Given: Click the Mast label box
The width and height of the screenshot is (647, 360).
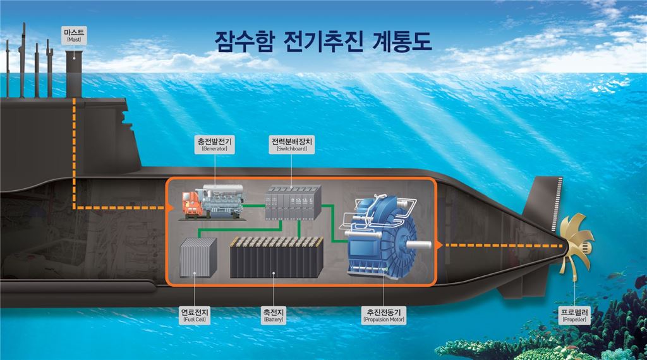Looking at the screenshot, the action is click(x=75, y=35).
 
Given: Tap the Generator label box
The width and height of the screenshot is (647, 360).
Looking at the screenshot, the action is click(x=215, y=145).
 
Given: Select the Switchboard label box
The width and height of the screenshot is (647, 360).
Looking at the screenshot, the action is click(x=291, y=145).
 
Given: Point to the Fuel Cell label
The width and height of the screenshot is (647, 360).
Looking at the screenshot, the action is click(x=195, y=315).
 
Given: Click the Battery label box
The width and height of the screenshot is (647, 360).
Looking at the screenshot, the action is click(x=273, y=315).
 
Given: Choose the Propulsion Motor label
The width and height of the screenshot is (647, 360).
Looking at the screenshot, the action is click(x=384, y=315).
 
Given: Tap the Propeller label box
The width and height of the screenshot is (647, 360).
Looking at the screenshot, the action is click(x=574, y=315).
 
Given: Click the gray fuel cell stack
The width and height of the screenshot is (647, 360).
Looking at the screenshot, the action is click(x=198, y=258).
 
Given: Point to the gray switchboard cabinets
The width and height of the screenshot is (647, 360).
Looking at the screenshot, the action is click(x=293, y=202).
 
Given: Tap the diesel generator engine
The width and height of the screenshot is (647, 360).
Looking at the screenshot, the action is click(x=212, y=202).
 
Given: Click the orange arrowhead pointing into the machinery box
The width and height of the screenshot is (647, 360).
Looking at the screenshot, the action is click(x=169, y=208).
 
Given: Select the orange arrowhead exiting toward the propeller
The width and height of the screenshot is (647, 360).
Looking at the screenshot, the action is click(x=439, y=245).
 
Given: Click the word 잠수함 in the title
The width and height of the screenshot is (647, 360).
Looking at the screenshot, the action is click(x=244, y=42).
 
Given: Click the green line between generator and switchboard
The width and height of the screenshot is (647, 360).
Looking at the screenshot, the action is click(x=254, y=205).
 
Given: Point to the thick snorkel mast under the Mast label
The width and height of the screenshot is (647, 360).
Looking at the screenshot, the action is click(x=74, y=75).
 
